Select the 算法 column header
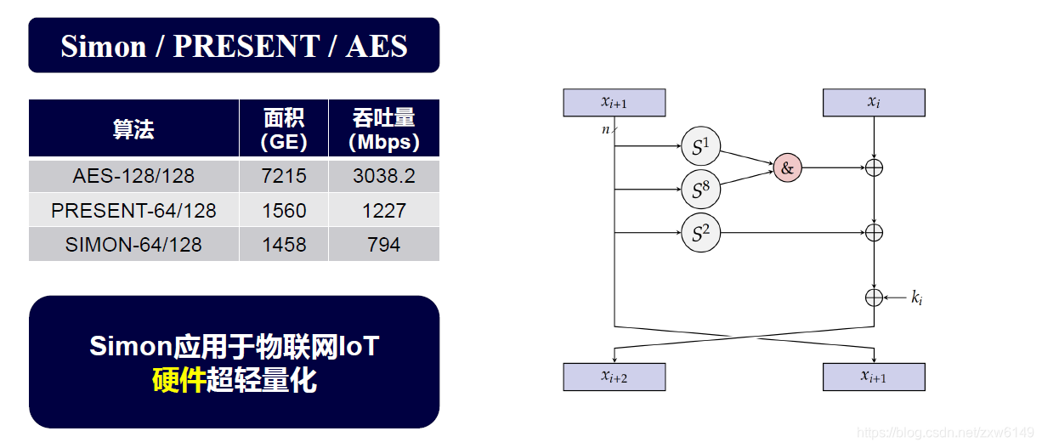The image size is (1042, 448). pos(133,129)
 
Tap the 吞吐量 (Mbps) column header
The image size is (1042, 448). pos(384,129)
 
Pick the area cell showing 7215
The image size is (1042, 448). pos(284,176)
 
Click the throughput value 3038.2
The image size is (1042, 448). pos(384,176)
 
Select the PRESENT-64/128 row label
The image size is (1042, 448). pos(133,210)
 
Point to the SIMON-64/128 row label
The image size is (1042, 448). pos(133,245)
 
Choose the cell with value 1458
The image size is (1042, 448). pos(284,245)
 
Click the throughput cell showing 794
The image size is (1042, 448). pos(384,245)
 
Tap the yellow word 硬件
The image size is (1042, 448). pos(178,380)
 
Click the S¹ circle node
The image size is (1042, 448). pos(700,148)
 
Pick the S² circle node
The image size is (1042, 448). pos(700,232)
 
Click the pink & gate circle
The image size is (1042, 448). pos(787,168)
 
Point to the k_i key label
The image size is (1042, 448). pos(917,298)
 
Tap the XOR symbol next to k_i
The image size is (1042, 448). pos(874,298)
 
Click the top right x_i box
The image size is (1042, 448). pos(874,103)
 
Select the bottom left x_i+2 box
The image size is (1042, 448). pos(614,377)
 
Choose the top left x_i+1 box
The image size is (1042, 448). pos(614,103)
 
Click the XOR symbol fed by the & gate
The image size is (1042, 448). pos(874,167)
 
